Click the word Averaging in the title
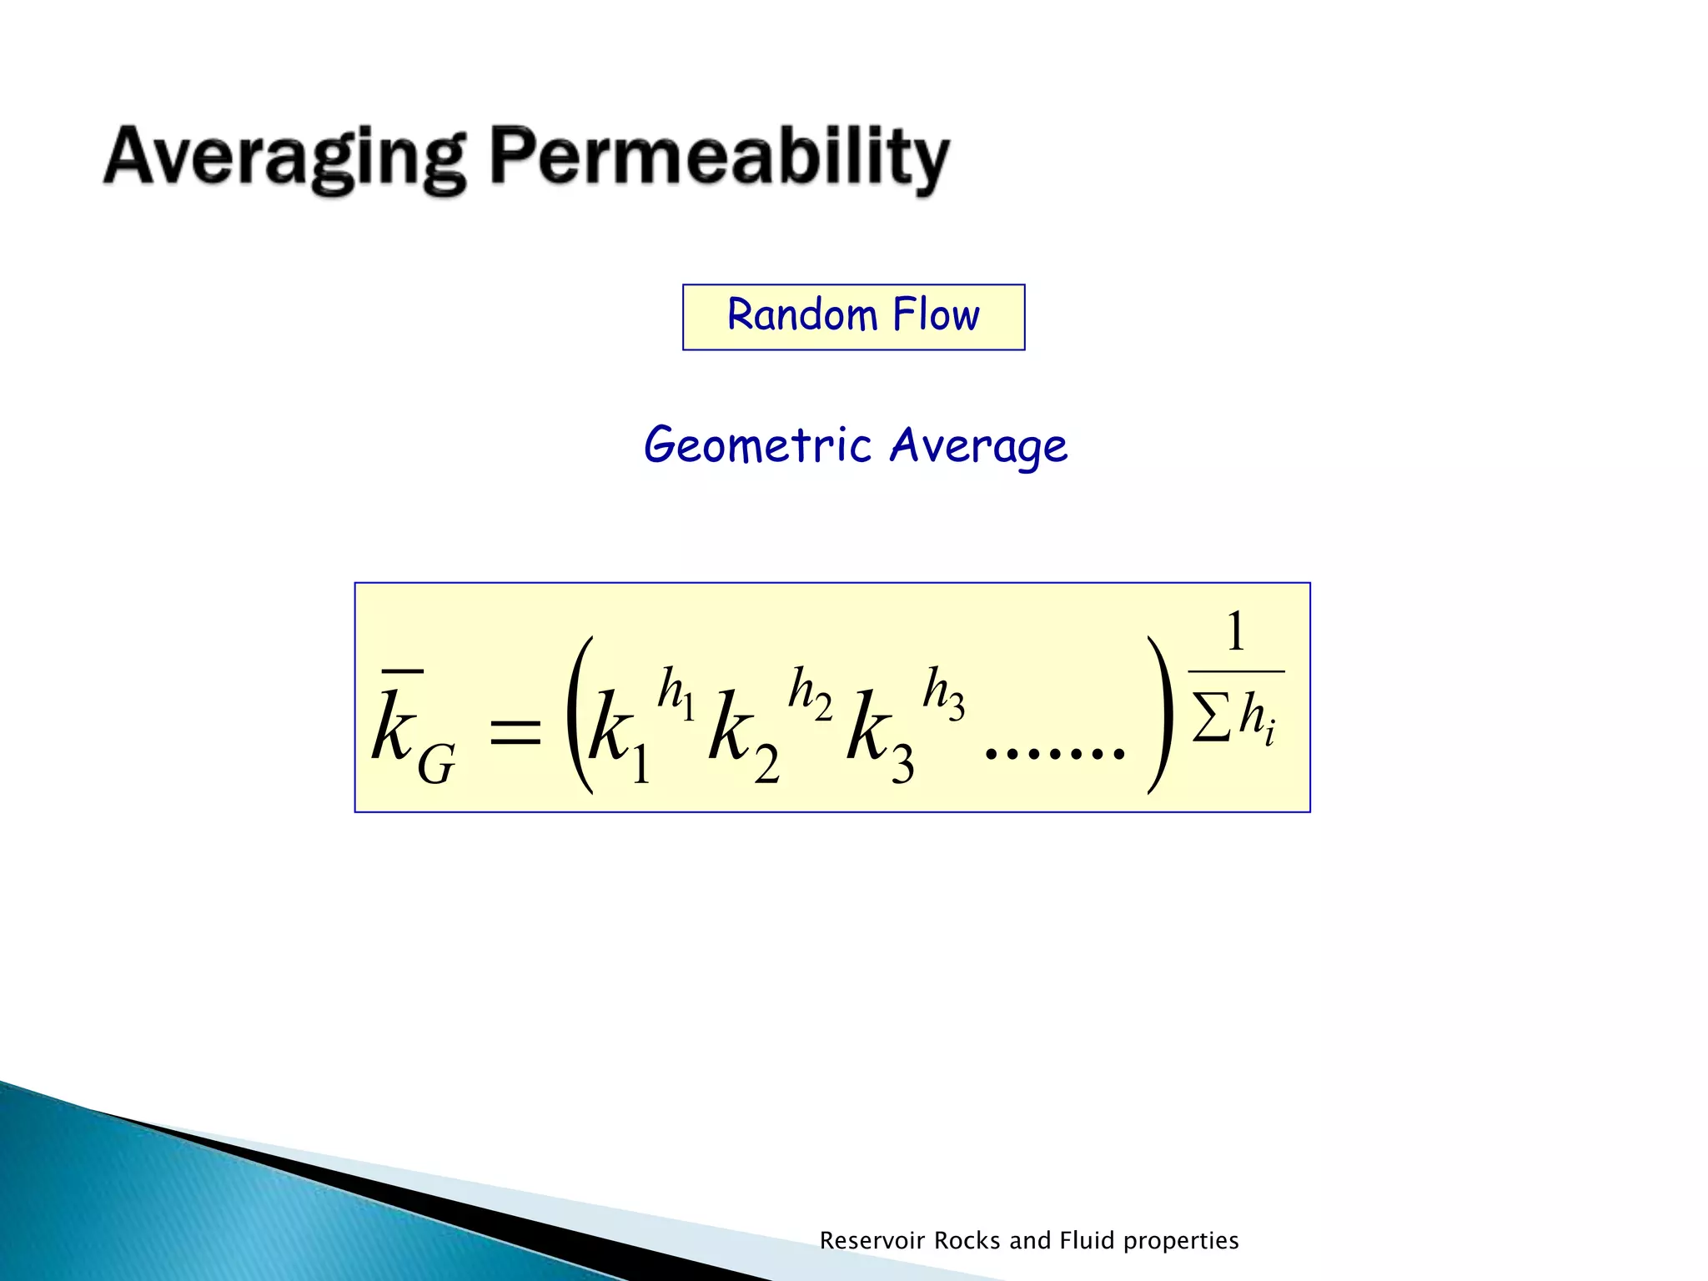coord(284,158)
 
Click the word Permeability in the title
coord(719,158)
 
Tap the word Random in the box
coord(802,315)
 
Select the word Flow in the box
coord(936,315)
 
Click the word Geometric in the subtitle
coord(757,445)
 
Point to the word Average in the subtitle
coord(977,445)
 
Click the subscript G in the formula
coord(435,764)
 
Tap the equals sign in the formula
coord(515,734)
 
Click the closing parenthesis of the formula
coord(1160,716)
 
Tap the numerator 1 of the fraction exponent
coord(1235,631)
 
